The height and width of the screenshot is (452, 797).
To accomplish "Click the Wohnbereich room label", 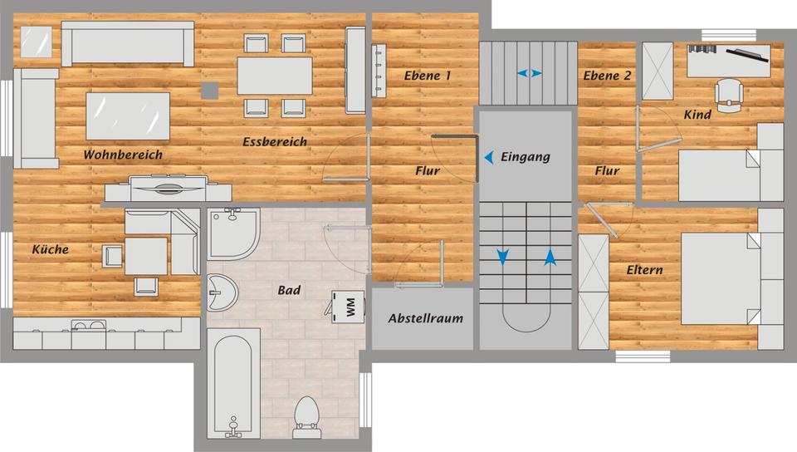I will (x=122, y=155).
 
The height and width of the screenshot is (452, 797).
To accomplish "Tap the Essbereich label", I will (x=275, y=141).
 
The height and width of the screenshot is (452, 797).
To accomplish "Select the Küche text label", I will (x=50, y=249).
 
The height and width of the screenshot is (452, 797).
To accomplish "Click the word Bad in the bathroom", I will (x=289, y=290).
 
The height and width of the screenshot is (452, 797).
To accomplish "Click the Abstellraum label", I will (x=425, y=318).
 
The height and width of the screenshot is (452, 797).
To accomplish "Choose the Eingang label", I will (x=526, y=156).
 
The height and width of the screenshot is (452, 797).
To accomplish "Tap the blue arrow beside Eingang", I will (x=491, y=156).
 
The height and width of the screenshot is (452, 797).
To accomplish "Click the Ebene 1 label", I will (x=428, y=76).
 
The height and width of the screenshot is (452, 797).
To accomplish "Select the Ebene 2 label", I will (x=607, y=76).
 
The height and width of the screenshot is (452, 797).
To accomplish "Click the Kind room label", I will (x=697, y=115).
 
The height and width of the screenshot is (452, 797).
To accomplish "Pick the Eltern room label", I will (x=644, y=270).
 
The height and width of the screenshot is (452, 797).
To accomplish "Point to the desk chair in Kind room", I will (x=728, y=92).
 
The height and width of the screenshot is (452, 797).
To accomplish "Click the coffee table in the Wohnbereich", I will (x=129, y=115).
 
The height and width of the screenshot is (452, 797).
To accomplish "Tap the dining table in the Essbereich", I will (x=275, y=76).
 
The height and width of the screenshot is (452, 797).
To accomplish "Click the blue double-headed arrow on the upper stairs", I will (x=529, y=73).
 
